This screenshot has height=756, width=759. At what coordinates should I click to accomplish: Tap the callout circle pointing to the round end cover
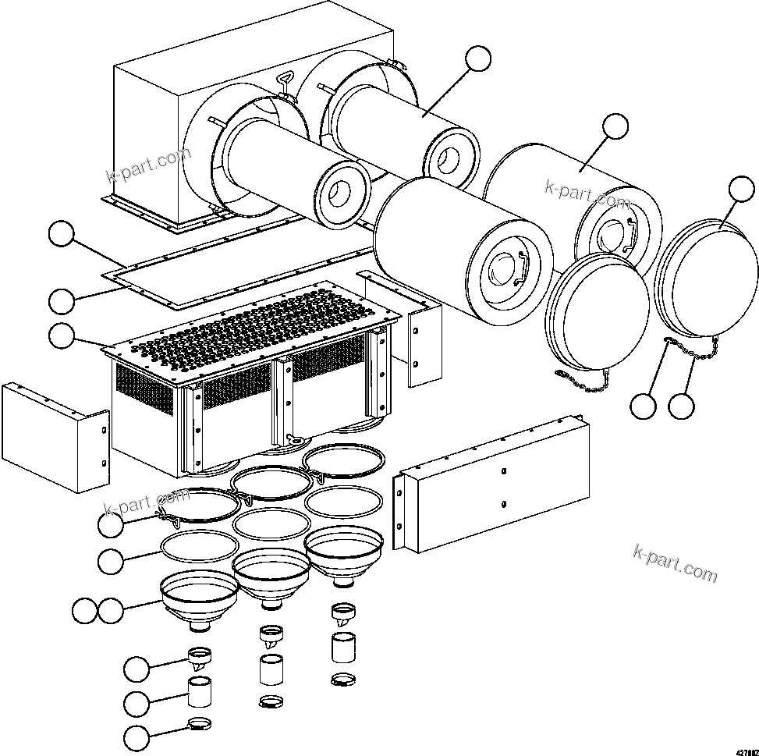point(741,190)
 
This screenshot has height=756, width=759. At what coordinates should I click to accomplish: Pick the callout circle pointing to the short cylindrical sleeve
point(137,703)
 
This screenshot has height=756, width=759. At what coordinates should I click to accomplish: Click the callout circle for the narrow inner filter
point(478,59)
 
